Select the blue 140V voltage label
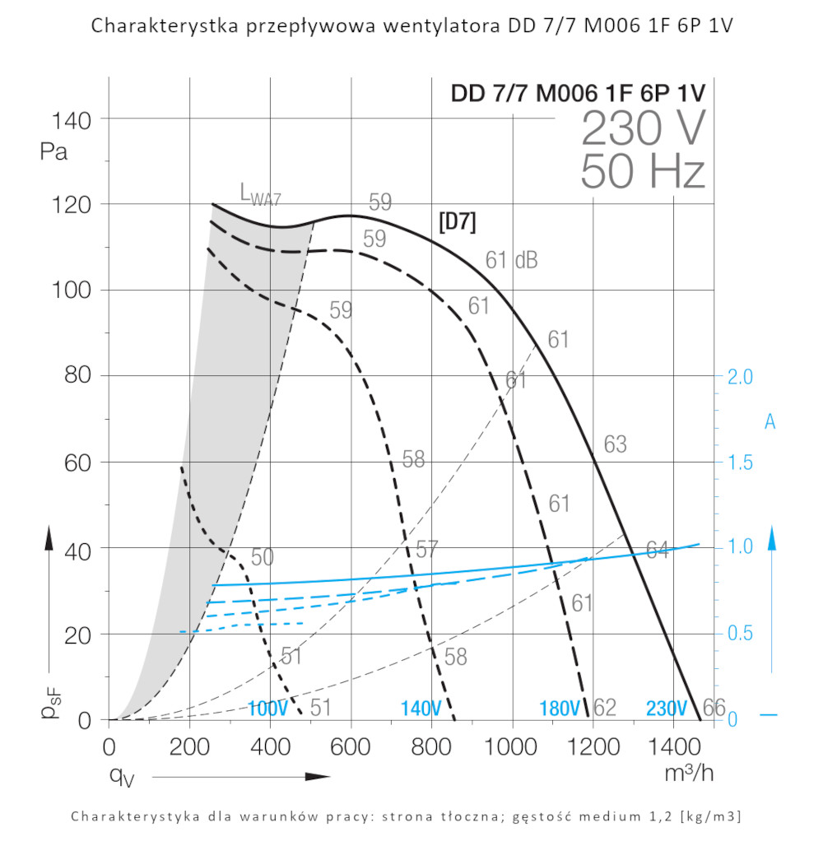pos(421,708)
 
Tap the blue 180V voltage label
pos(560,708)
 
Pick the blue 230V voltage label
pos(667,708)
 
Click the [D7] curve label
pos(458,222)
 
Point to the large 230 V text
pos(644,128)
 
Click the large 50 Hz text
pos(643,173)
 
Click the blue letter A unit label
pos(770,422)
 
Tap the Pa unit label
pos(53,152)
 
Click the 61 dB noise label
pos(511,260)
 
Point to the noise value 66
pos(714,707)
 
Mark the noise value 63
pos(615,445)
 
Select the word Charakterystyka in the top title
pos(164,26)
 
